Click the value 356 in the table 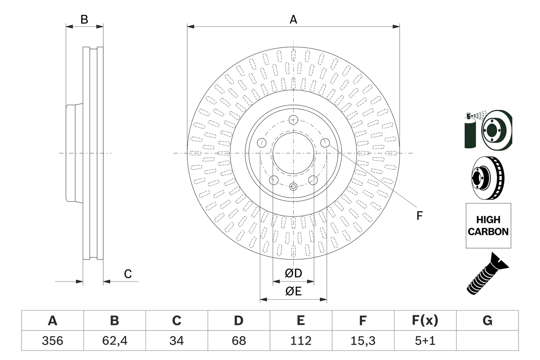point(52,341)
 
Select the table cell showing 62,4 point(114,341)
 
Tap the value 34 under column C point(176,341)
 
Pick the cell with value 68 point(238,341)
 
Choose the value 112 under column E point(300,341)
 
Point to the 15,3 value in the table point(362,341)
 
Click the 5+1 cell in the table point(425,341)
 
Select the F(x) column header point(425,321)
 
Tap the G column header point(487,321)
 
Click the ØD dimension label point(293,273)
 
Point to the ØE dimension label point(293,292)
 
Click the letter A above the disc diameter point(293,19)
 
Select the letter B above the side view point(84,19)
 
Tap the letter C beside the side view point(128,274)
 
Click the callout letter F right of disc point(419,216)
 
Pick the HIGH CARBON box point(488,226)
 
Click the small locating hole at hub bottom point(294,186)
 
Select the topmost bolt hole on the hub point(294,119)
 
